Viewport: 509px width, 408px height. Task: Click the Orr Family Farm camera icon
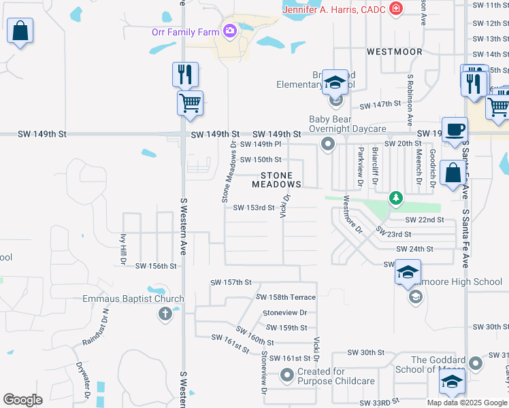[229, 31]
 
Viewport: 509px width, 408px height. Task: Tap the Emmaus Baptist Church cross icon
[165, 313]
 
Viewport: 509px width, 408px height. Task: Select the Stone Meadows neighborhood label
[276, 180]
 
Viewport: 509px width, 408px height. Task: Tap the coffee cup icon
[455, 129]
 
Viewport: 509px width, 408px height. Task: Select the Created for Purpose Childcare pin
[286, 374]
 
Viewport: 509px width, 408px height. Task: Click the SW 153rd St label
[254, 208]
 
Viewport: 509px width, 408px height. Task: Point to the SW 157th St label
[231, 282]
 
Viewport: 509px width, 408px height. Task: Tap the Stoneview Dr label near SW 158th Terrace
[284, 313]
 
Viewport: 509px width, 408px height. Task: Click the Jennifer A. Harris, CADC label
[333, 9]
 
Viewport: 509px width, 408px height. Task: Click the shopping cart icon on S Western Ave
[190, 103]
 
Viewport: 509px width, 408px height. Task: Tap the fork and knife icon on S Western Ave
[185, 74]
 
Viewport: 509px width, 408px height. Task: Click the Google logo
[22, 400]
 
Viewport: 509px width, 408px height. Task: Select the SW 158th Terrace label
[286, 297]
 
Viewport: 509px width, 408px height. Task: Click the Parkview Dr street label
[360, 166]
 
